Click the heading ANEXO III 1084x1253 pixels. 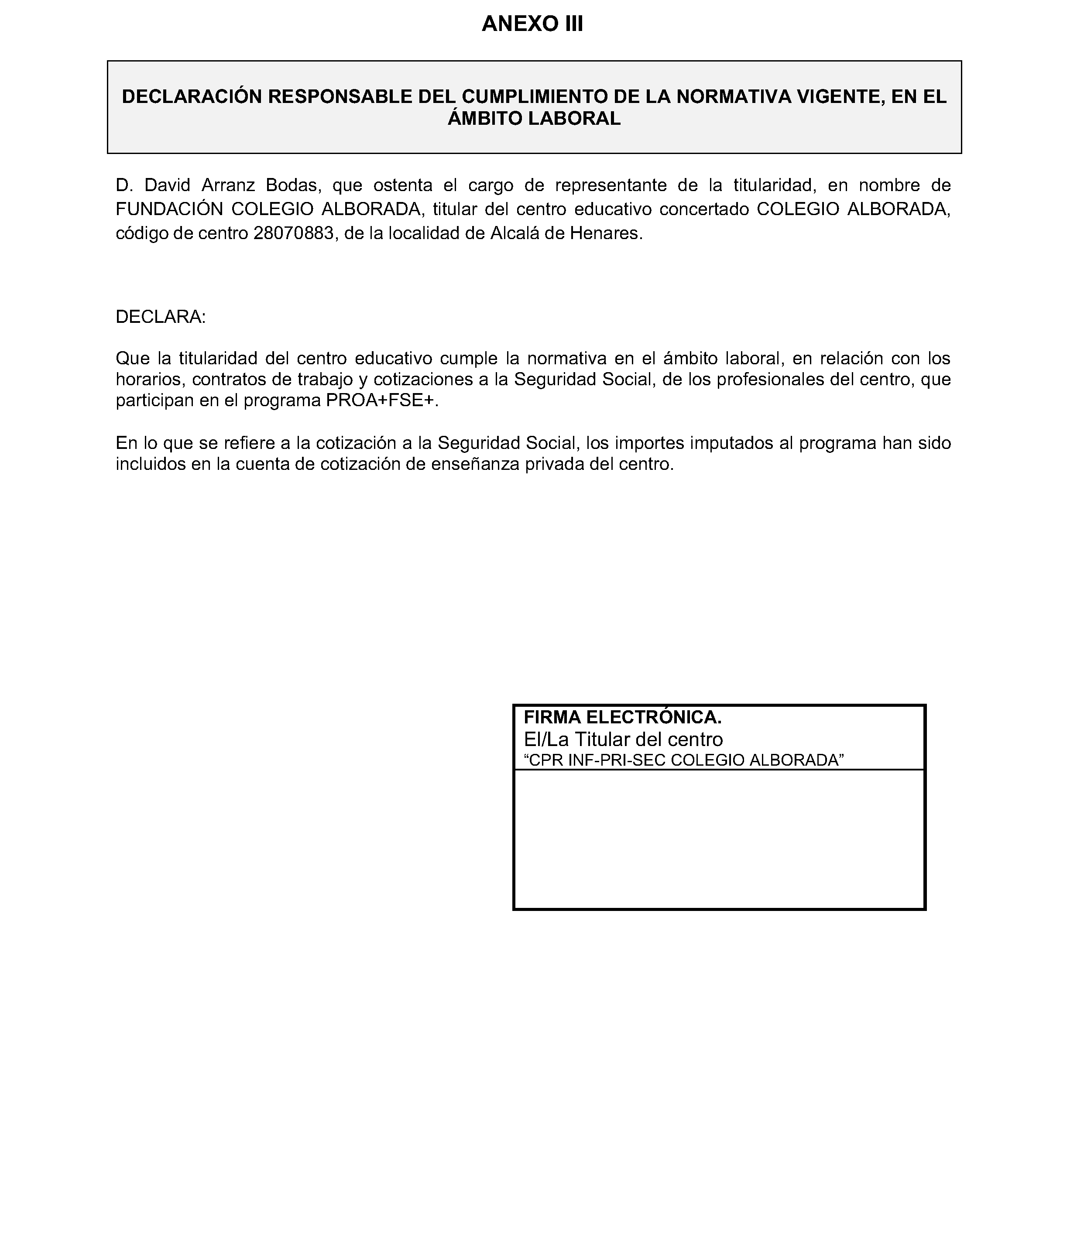(x=532, y=24)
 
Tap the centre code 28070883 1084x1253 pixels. (x=293, y=233)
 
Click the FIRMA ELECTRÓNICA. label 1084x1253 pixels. (x=622, y=717)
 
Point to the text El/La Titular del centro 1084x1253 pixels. (x=623, y=739)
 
